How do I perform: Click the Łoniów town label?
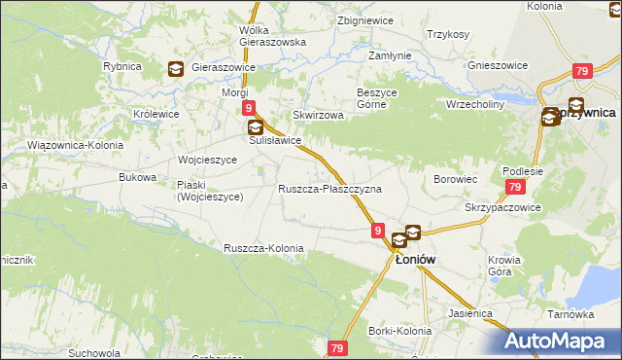(x=414, y=260)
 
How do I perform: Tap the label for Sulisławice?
(x=275, y=140)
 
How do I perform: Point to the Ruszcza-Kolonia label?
(x=263, y=248)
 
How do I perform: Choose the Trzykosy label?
(x=447, y=34)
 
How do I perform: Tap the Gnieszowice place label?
(x=498, y=65)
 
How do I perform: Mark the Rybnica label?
(x=122, y=66)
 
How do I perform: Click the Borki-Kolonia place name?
(x=399, y=331)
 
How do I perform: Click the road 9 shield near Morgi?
(x=250, y=109)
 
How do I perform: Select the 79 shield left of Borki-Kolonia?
(x=337, y=348)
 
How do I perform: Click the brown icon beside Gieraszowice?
(x=175, y=68)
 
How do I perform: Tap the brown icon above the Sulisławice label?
(x=255, y=127)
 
